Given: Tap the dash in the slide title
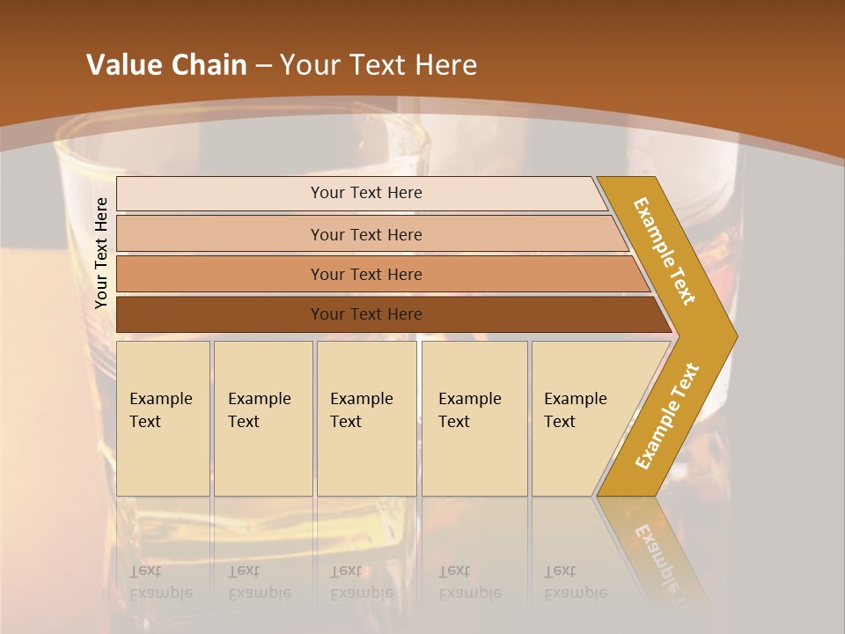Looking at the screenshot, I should (x=263, y=65).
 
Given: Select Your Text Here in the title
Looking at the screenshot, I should (x=378, y=64).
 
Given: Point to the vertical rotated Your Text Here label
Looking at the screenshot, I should (x=101, y=253).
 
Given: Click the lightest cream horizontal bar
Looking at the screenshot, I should (x=366, y=193).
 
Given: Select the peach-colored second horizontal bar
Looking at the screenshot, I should (x=366, y=234).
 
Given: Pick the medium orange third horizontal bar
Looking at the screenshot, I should (x=366, y=274).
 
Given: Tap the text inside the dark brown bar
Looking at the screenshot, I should (x=366, y=313).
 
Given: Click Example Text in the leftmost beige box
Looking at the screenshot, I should (x=160, y=410).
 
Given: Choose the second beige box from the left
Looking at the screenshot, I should (x=262, y=418).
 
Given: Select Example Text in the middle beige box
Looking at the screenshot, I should (x=361, y=410).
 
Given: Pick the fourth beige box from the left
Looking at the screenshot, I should (x=474, y=418).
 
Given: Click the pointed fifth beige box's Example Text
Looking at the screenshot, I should (x=575, y=410).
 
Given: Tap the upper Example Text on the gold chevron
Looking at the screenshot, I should (x=665, y=251).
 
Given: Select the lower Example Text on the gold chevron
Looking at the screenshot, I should (x=666, y=417).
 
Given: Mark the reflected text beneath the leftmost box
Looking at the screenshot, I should (x=160, y=581).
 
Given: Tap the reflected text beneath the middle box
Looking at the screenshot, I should (x=361, y=581).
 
